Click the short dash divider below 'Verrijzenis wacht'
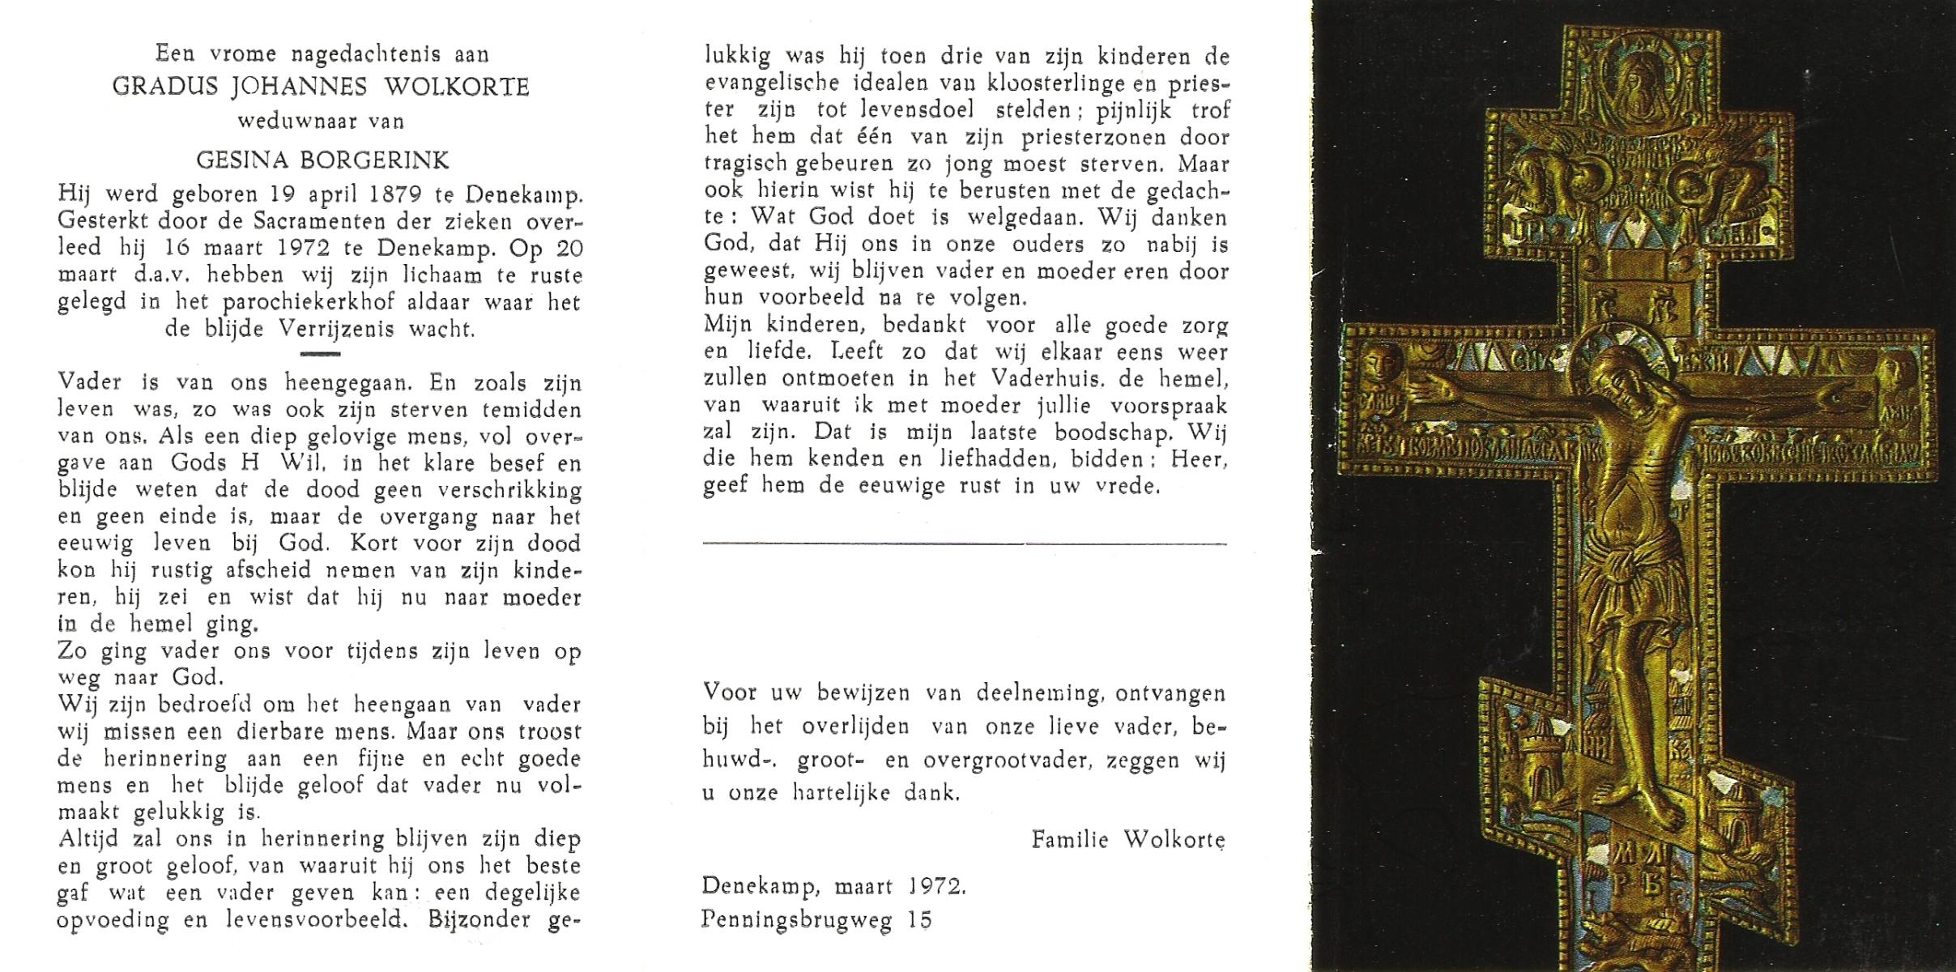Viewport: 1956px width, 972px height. click(x=320, y=354)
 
